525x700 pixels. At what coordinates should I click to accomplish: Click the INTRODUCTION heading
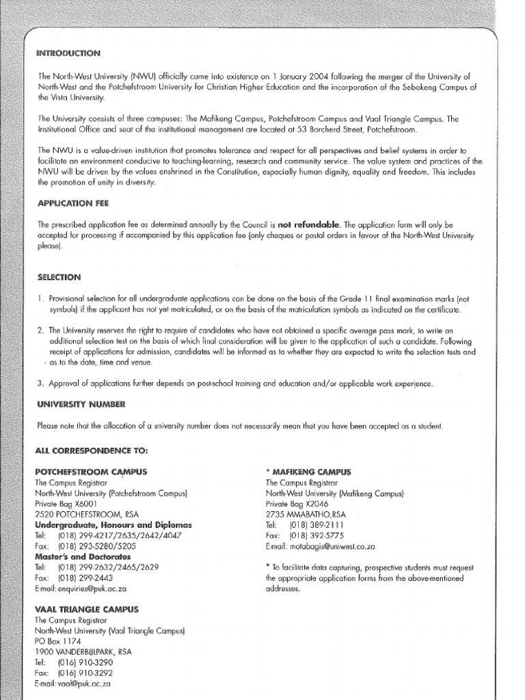coord(69,53)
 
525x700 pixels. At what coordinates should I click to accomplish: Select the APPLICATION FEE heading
coord(73,203)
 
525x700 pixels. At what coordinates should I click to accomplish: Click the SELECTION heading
coord(59,277)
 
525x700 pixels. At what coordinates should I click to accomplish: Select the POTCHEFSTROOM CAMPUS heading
coord(91,472)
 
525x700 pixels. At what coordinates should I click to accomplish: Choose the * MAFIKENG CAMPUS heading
coord(308,472)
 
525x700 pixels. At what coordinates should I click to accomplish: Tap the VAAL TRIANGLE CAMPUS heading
coord(87,608)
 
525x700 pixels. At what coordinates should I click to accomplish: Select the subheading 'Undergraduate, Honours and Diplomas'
coord(113,524)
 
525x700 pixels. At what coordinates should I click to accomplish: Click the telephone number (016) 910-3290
coord(85,662)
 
